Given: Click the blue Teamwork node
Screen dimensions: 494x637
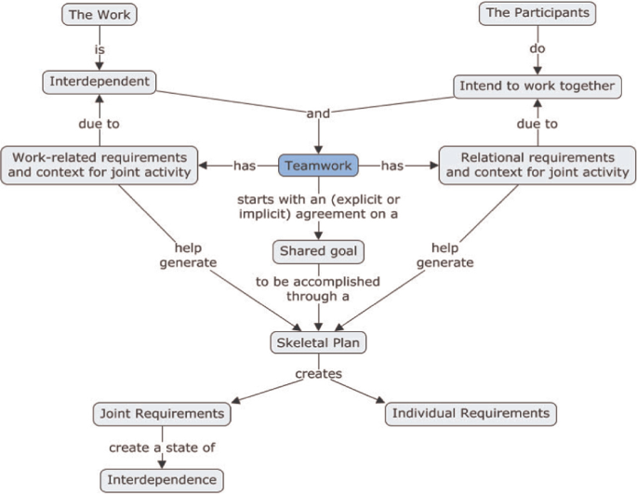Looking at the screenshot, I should (x=318, y=165).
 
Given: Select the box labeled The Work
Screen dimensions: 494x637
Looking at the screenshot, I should (x=100, y=14).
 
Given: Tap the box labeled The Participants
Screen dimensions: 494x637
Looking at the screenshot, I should (x=537, y=13).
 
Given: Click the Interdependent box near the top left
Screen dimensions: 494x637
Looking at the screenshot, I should (x=100, y=82).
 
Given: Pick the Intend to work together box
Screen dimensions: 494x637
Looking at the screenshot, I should (x=537, y=86).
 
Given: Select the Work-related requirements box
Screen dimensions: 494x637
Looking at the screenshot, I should (x=100, y=164).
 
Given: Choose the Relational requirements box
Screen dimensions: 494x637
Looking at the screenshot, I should (x=537, y=165).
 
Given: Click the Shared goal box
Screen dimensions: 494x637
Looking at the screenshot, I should (x=318, y=251).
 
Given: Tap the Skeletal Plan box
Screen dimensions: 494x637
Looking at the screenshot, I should (x=318, y=341).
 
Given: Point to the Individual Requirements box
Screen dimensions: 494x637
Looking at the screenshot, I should (x=471, y=412).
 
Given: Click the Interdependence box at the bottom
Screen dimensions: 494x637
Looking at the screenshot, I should (x=162, y=480).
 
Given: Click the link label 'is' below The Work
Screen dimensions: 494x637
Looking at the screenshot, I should (x=100, y=48).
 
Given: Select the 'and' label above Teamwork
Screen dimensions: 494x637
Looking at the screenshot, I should (x=318, y=113).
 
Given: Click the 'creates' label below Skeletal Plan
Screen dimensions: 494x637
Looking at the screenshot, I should (x=318, y=374).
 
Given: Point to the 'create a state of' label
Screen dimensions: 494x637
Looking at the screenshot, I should (x=162, y=447).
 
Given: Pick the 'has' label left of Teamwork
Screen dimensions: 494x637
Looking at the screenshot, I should (x=245, y=166).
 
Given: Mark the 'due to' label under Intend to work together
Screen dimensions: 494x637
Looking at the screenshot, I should (x=537, y=124).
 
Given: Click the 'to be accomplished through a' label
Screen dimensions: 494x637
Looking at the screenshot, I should (x=318, y=288).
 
